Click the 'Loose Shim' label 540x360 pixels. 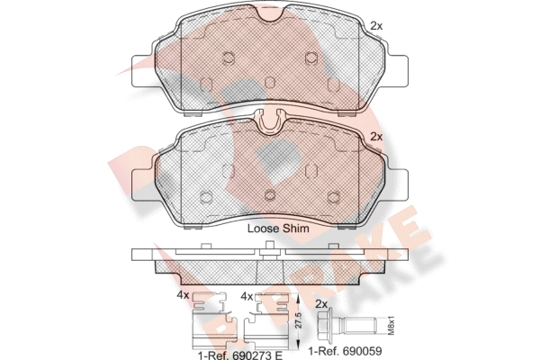[278, 229]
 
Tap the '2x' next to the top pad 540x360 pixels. [376, 25]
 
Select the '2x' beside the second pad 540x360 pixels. [376, 137]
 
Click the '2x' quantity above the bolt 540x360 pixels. [321, 304]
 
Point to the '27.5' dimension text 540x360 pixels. [299, 320]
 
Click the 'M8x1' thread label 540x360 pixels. [391, 325]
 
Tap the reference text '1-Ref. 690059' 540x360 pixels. [345, 351]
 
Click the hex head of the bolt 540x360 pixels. [324, 325]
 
